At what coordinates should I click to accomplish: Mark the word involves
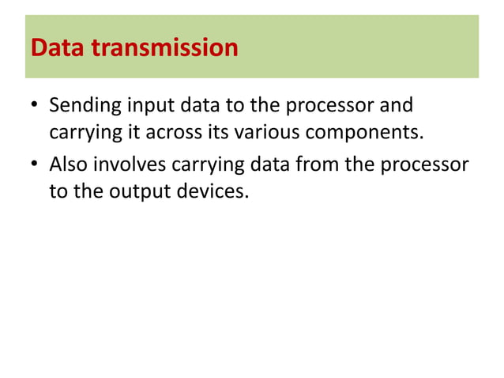[x=130, y=165]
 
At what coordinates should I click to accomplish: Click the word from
[x=312, y=165]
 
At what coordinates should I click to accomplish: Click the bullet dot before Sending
[x=36, y=107]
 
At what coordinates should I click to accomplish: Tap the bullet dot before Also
[x=36, y=166]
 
